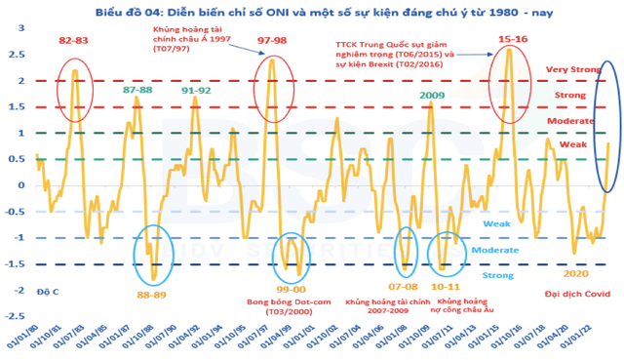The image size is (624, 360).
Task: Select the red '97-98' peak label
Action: (273, 41)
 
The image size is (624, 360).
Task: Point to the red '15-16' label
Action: (513, 39)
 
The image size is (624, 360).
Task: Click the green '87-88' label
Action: (137, 90)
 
